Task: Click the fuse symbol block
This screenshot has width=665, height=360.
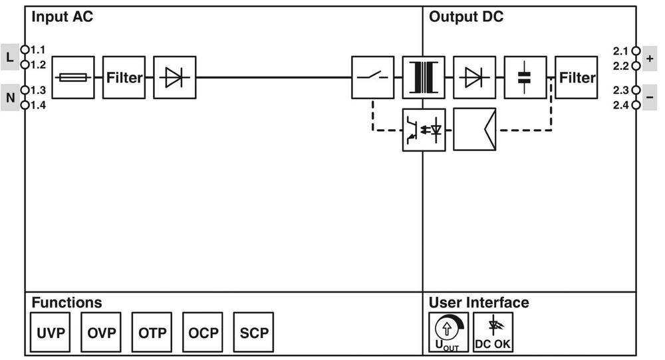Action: click(x=72, y=78)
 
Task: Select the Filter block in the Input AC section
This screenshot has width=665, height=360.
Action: click(x=124, y=78)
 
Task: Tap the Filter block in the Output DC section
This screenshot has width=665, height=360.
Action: click(x=576, y=78)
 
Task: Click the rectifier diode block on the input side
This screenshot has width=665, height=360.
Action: click(x=174, y=78)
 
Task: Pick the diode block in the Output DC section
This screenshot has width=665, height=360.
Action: click(x=474, y=78)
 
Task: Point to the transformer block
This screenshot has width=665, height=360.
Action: click(x=424, y=78)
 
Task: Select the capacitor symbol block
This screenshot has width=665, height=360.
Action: click(x=525, y=78)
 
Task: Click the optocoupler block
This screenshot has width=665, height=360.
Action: click(x=424, y=129)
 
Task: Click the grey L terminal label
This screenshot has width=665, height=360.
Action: click(x=9, y=57)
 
